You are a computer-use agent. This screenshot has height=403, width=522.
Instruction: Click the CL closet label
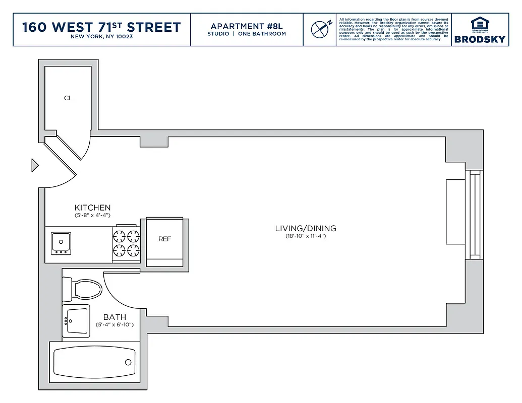coord(68,98)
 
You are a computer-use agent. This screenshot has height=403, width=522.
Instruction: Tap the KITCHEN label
coord(92,208)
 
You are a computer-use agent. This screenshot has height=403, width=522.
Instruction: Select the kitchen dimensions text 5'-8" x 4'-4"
coord(92,216)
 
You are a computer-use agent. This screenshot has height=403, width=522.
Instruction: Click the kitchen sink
coord(61,243)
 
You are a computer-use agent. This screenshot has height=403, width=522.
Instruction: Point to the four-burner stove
coord(126,243)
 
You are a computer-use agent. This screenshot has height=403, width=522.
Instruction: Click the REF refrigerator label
coord(164,239)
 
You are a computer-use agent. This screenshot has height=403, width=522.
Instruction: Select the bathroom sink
coord(76,320)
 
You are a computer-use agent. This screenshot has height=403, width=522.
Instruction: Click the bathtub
coord(93,362)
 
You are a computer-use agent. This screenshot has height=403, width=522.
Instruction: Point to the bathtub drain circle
coord(128,362)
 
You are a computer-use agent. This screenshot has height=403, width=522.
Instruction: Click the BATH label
coord(114,317)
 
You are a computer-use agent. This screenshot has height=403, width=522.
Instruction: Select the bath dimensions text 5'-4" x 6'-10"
coord(114,325)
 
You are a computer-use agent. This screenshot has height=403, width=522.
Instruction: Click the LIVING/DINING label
coord(305,228)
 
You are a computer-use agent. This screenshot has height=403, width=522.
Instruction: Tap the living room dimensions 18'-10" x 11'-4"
coord(305,236)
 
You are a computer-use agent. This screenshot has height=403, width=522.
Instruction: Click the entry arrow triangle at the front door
coord(35,165)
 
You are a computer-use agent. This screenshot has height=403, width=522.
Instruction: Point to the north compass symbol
coord(320,29)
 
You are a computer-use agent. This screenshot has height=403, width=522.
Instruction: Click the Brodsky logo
coord(480,30)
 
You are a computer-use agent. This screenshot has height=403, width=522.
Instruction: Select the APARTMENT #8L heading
coord(247,26)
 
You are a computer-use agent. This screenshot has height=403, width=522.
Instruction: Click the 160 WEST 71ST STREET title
coord(101,27)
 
